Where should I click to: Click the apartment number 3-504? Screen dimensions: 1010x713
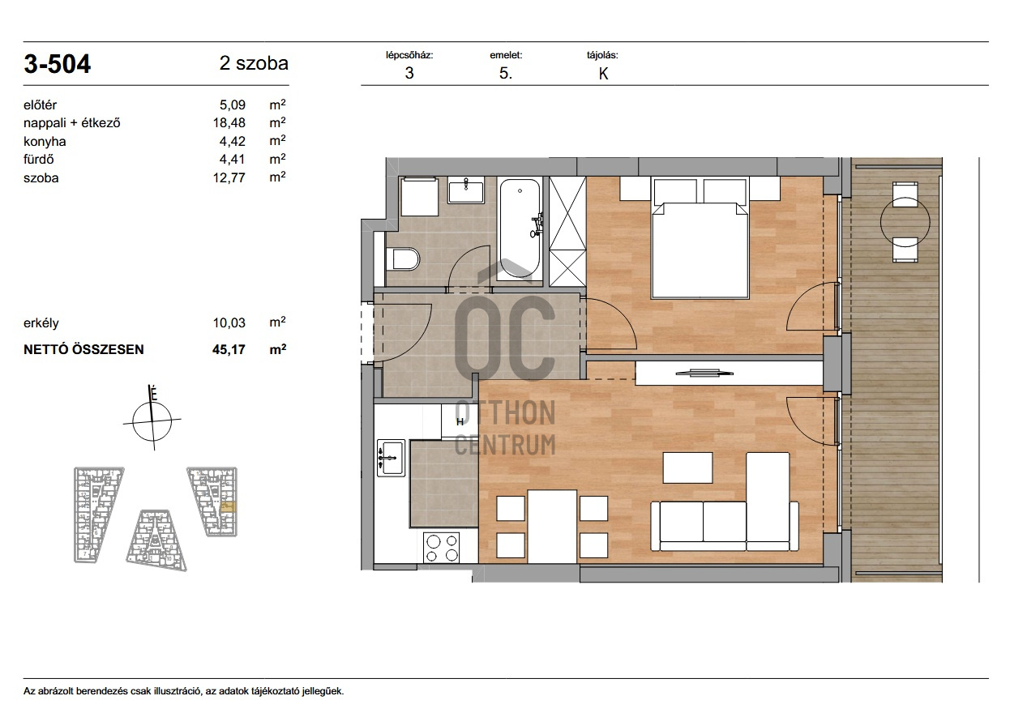tap(58, 64)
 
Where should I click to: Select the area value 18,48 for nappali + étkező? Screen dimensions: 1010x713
tap(229, 122)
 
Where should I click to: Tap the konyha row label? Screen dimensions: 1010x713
tap(45, 142)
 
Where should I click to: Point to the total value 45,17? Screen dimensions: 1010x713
tap(229, 349)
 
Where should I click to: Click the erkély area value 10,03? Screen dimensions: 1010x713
tap(229, 322)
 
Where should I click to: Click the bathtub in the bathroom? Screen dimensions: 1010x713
tap(520, 229)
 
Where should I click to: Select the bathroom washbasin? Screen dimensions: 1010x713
tap(466, 190)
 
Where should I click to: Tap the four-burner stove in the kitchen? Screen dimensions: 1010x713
tap(443, 547)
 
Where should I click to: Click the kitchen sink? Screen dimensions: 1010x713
tap(391, 458)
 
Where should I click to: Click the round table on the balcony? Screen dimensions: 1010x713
tap(905, 221)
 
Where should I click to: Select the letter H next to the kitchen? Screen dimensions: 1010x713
tap(460, 422)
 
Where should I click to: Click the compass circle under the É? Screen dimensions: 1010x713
tap(152, 421)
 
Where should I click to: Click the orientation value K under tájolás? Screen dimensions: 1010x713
tap(603, 74)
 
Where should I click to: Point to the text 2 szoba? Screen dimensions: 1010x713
tap(254, 63)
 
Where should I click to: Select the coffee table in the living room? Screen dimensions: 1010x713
tap(687, 468)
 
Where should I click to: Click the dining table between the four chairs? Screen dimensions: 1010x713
tap(552, 527)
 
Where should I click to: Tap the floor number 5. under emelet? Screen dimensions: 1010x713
tap(506, 74)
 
